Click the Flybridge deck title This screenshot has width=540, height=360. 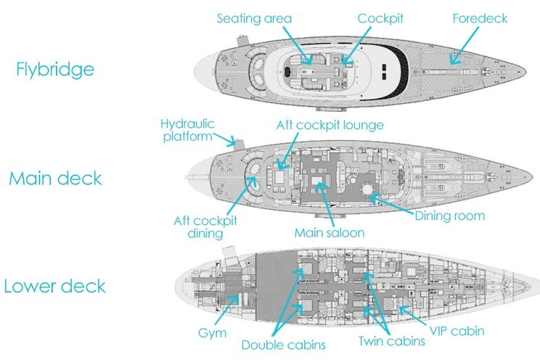[x=55, y=70]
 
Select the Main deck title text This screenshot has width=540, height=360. [x=55, y=179]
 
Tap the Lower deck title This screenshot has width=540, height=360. [x=55, y=285]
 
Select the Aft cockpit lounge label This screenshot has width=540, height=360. [x=330, y=125]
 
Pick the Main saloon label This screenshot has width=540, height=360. [x=329, y=233]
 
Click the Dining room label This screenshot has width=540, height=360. [x=449, y=216]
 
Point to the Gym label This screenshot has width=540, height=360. [x=212, y=333]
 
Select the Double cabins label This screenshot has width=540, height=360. [x=283, y=345]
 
